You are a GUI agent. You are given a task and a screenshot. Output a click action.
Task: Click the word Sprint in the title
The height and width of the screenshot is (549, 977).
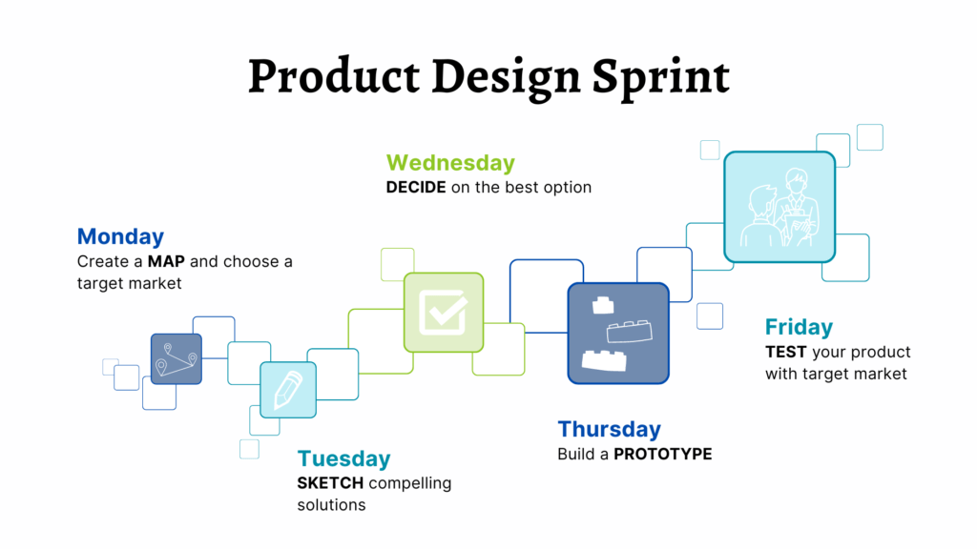tap(660, 78)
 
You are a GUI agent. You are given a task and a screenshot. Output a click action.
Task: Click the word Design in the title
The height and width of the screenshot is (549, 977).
tap(506, 78)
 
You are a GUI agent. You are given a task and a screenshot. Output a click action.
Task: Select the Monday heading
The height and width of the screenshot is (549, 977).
tap(121, 237)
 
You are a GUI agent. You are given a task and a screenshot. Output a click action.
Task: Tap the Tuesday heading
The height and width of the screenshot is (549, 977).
tap(343, 458)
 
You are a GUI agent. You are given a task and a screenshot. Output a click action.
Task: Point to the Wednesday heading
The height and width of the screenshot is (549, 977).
tap(450, 163)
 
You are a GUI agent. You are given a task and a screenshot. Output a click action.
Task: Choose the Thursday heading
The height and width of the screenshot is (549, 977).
tap(610, 430)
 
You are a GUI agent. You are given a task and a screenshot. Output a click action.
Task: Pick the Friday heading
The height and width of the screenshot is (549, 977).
tap(799, 328)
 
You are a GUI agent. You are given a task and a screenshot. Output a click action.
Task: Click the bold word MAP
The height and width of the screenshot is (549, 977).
tap(166, 261)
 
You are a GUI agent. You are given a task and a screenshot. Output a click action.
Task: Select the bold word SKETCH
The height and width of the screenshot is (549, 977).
tap(330, 483)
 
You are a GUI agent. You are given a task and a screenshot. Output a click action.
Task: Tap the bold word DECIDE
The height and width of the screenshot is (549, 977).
tap(416, 188)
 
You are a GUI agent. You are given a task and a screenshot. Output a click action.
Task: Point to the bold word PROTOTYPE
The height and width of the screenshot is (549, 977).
tap(663, 454)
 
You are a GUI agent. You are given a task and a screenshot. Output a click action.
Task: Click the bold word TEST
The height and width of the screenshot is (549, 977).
tap(786, 353)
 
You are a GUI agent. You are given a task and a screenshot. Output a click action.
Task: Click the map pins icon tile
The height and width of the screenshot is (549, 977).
tap(177, 359)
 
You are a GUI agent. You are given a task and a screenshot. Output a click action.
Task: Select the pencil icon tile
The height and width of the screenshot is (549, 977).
tap(288, 390)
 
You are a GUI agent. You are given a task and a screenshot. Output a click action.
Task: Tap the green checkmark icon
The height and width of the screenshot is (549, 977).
tap(444, 313)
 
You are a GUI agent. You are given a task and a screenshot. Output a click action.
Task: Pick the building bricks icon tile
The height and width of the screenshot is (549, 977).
tap(618, 334)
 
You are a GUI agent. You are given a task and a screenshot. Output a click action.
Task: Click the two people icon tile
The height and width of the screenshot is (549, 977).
tap(780, 207)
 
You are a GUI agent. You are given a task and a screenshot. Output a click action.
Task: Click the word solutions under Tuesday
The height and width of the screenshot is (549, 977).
tap(331, 505)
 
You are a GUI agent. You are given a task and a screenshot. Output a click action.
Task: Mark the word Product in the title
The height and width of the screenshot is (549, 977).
tap(334, 77)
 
